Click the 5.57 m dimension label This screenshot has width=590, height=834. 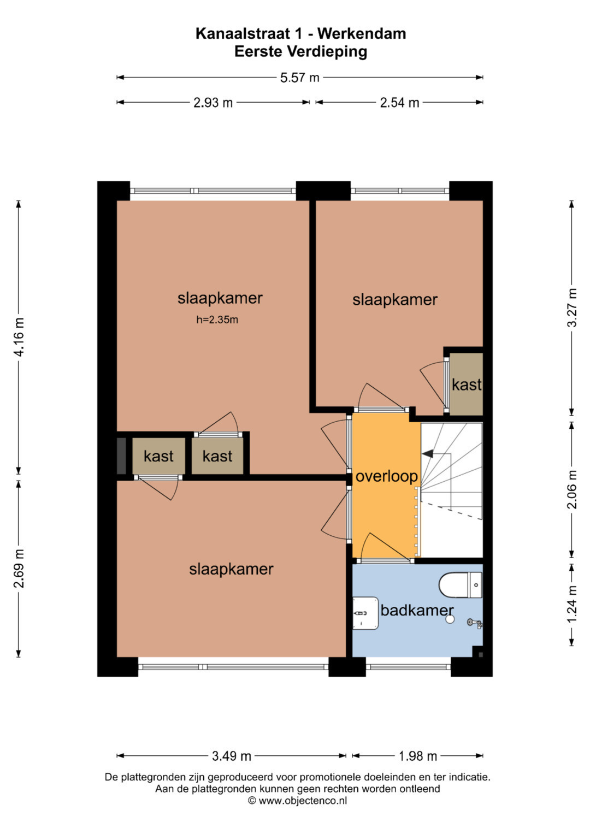point(299,78)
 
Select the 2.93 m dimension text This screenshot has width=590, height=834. point(213,102)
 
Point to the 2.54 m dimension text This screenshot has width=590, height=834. point(399,102)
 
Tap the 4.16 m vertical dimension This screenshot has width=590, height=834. point(19,337)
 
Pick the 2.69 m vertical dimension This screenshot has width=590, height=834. point(19,569)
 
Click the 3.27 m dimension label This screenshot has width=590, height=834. point(572,308)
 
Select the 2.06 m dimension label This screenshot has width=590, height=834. point(572,489)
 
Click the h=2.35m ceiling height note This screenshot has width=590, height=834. point(217,320)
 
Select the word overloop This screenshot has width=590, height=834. point(387,477)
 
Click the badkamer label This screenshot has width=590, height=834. point(417,610)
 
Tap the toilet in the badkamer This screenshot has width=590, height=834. point(461,585)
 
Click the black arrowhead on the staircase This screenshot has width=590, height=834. point(428,453)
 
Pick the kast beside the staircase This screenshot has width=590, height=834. point(467,385)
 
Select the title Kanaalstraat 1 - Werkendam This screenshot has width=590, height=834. point(300,34)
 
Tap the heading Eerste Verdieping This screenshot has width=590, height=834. point(300,51)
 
